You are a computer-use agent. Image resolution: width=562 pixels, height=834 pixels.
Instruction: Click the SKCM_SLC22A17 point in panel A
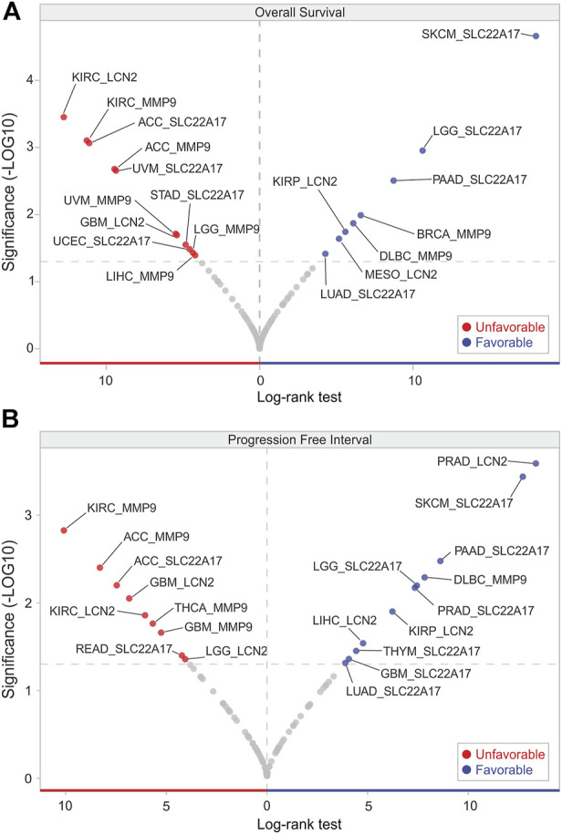536,36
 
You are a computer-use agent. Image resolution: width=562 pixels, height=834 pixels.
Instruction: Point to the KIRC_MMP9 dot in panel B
64,530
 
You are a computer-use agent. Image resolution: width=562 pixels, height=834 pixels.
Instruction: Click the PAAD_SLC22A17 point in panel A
393,180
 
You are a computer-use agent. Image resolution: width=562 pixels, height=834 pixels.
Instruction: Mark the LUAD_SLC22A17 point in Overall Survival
326,253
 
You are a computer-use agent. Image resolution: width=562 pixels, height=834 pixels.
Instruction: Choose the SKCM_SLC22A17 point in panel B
523,477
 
